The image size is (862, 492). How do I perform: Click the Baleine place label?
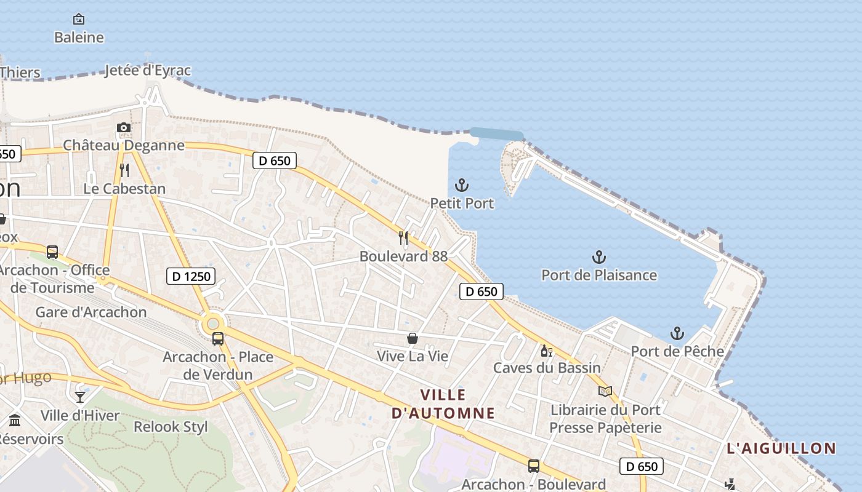(79, 38)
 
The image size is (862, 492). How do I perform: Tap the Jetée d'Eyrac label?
(148, 70)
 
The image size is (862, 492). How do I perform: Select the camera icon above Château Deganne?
(124, 128)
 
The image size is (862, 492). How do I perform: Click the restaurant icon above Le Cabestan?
(124, 170)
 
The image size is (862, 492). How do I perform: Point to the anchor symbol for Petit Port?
(462, 184)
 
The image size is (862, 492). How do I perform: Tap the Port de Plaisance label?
(599, 275)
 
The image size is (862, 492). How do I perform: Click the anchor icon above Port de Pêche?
(677, 333)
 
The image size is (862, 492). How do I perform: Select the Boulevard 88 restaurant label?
(403, 256)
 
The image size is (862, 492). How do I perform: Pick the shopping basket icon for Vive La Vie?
(413, 338)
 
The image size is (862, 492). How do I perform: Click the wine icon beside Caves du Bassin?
(546, 351)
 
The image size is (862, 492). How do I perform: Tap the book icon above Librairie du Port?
(605, 391)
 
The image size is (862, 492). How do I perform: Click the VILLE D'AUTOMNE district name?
(443, 403)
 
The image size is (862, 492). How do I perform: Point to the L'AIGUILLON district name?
(781, 448)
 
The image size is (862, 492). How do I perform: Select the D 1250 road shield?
(191, 276)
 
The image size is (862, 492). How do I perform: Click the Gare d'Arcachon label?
(91, 312)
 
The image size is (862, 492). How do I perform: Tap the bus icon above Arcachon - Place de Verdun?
(217, 338)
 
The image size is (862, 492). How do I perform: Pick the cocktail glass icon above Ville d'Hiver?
(80, 397)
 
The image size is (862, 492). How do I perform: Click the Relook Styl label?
(171, 426)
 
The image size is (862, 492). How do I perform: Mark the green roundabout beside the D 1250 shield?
(213, 322)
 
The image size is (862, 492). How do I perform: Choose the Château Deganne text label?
(124, 145)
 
